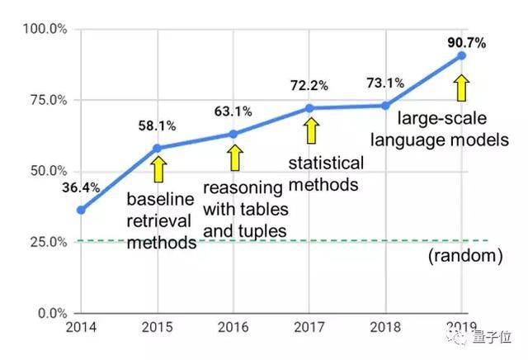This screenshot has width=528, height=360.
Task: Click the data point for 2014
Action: pos(80,210)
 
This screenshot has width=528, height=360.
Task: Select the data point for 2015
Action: pos(157,148)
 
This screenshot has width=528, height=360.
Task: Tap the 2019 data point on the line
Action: pos(461,55)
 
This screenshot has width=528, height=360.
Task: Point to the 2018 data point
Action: pos(385,105)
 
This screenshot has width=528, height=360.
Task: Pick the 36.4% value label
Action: pos(80,187)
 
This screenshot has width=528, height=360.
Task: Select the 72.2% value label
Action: pos(309,85)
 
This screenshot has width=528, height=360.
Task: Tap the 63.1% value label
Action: pos(233,111)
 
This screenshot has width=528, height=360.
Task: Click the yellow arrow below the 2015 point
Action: pos(158,170)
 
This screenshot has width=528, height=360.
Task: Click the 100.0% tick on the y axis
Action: pos(46,30)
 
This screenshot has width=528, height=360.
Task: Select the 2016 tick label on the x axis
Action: pos(233,328)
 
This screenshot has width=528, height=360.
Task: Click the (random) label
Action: pos(464,257)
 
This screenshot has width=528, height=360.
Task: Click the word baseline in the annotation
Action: pos(160,200)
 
